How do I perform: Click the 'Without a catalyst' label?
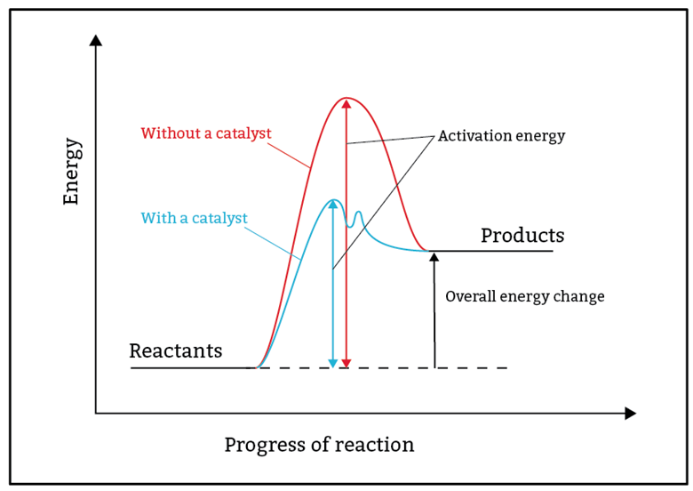point(206,134)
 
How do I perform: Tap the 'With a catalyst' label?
point(194,218)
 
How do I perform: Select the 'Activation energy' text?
point(501,137)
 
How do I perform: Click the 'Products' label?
point(522,236)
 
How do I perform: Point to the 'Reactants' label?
point(176,351)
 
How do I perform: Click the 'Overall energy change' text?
point(524,297)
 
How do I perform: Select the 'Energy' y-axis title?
point(72,172)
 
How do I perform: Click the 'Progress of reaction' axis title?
point(319,445)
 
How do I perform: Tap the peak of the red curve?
point(346,98)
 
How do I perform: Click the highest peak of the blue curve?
point(332,200)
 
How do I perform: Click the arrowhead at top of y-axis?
point(96,39)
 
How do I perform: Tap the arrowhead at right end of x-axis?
point(630,414)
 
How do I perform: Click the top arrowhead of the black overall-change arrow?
point(434,257)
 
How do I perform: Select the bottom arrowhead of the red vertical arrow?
point(346,361)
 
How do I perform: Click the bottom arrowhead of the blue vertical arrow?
point(332,361)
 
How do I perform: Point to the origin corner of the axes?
point(96,414)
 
